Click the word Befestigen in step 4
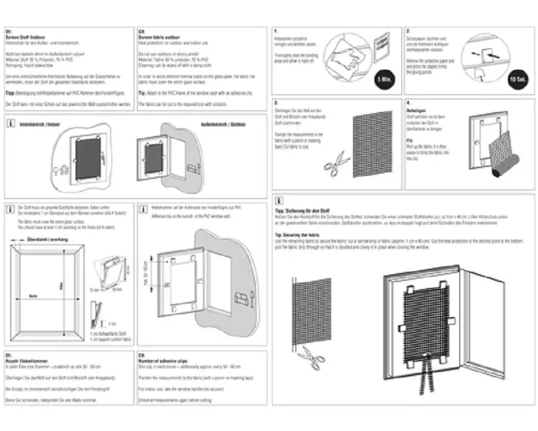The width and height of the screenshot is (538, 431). coord(417,111)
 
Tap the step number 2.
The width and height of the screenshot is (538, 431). coord(409,31)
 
